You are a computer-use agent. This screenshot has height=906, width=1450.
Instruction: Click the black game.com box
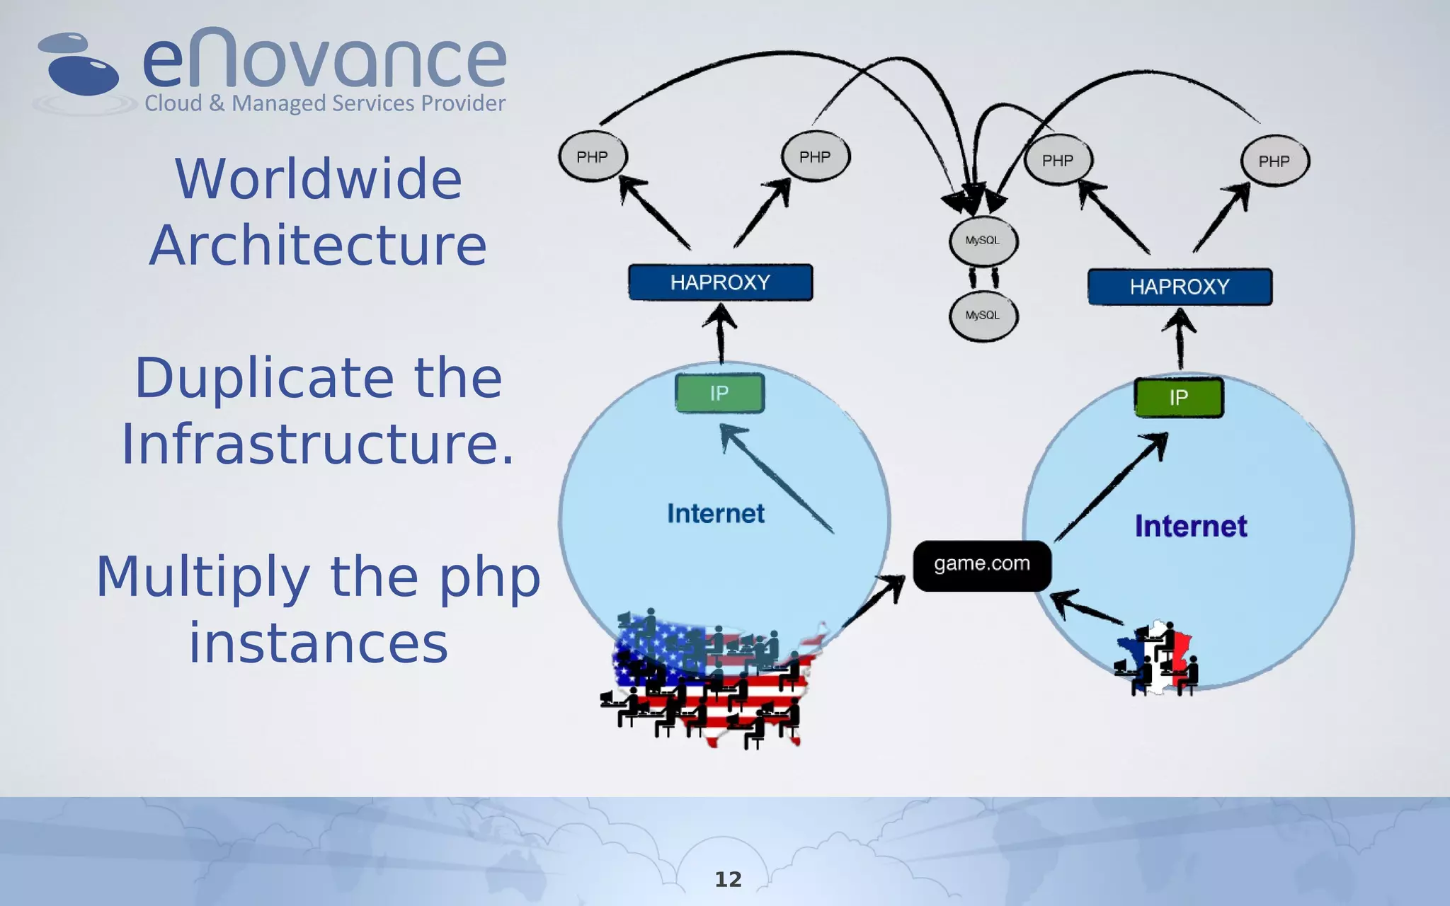[981, 566]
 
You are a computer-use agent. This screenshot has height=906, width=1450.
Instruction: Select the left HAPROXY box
[720, 282]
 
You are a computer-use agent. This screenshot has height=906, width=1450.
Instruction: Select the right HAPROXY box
[1180, 287]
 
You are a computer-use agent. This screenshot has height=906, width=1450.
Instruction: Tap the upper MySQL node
[983, 241]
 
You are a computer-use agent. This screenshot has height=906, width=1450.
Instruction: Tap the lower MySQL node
[983, 316]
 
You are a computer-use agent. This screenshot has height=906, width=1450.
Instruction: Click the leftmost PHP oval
[593, 156]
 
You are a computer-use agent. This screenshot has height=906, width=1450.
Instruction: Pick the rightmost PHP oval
[1274, 161]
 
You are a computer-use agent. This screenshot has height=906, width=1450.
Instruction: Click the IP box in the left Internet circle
[719, 394]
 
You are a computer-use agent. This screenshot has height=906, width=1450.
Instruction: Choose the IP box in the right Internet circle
[1178, 398]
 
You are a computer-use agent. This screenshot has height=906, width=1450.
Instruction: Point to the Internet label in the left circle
[716, 513]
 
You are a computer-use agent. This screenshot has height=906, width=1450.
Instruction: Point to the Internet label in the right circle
[1191, 527]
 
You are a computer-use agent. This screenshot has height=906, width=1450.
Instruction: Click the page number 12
[728, 879]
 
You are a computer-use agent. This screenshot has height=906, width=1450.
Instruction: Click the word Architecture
[318, 245]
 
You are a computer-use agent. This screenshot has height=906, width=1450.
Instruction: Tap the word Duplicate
[263, 378]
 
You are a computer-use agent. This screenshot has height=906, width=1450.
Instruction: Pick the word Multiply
[202, 577]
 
